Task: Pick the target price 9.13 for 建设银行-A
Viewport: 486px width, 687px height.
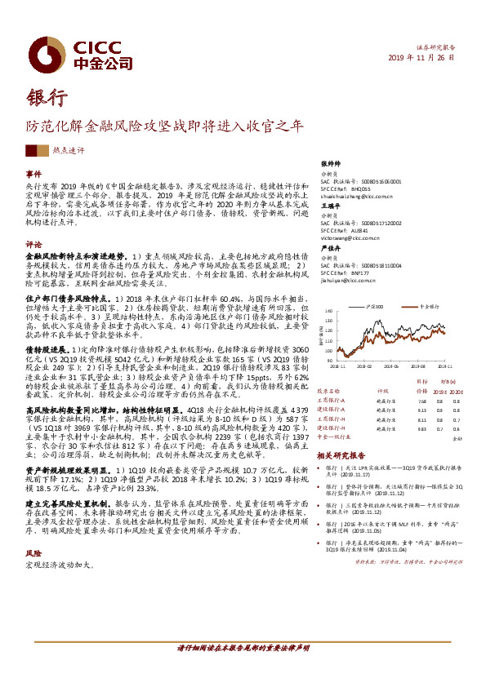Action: tap(421, 409)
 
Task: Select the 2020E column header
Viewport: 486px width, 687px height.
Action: tap(458, 391)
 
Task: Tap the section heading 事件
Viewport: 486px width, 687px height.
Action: tap(33, 174)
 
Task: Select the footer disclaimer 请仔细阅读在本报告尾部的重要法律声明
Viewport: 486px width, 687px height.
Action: tap(243, 648)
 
